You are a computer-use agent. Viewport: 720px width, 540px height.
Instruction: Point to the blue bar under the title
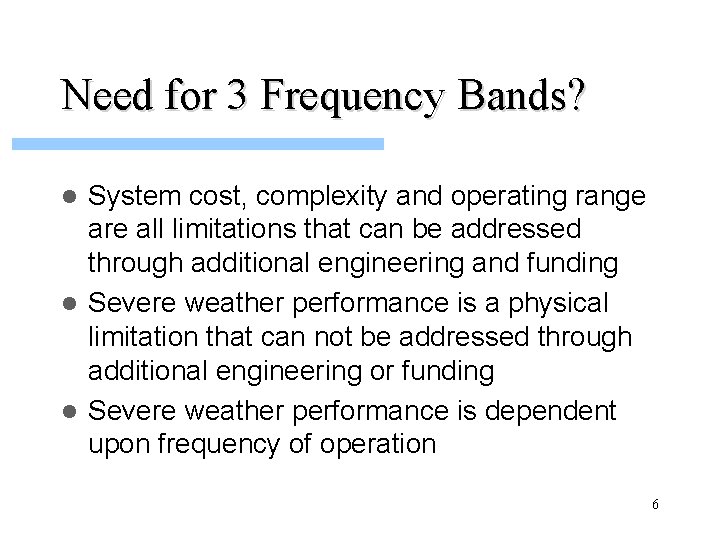coord(198,144)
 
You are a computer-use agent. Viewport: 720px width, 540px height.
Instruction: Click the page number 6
coord(655,505)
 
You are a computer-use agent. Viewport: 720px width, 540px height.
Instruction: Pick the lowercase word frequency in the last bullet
coord(225,444)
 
